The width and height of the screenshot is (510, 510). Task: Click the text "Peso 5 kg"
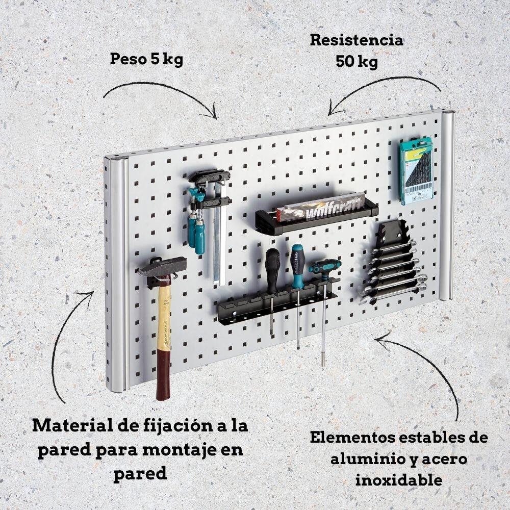[146, 59]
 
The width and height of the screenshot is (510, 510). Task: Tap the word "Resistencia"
[356, 40]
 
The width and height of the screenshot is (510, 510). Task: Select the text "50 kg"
[356, 62]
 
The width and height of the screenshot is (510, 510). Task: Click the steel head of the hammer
[162, 266]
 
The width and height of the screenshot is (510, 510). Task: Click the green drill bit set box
[417, 170]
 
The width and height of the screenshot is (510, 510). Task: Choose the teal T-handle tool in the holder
[324, 267]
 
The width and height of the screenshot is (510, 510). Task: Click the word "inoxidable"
[398, 480]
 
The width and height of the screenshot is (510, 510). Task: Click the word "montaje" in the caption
[186, 450]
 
